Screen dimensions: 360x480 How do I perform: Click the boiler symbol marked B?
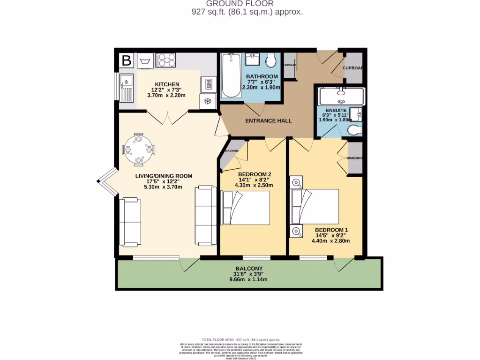coord(126,60)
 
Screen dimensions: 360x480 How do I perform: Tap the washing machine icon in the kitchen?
coord(144,60)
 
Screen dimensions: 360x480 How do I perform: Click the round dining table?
coord(138,150)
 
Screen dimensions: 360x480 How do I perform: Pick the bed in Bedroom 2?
coord(246,208)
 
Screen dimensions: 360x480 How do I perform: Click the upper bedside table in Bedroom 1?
coord(296,182)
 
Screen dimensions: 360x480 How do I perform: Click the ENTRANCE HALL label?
coord(269,121)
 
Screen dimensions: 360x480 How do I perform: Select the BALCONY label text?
coord(248,268)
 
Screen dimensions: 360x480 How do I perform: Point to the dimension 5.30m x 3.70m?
coord(164,187)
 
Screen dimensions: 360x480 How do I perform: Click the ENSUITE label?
coord(337,111)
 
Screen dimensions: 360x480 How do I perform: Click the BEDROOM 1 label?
coord(331,230)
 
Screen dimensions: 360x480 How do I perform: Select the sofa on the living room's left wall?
coord(130,222)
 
